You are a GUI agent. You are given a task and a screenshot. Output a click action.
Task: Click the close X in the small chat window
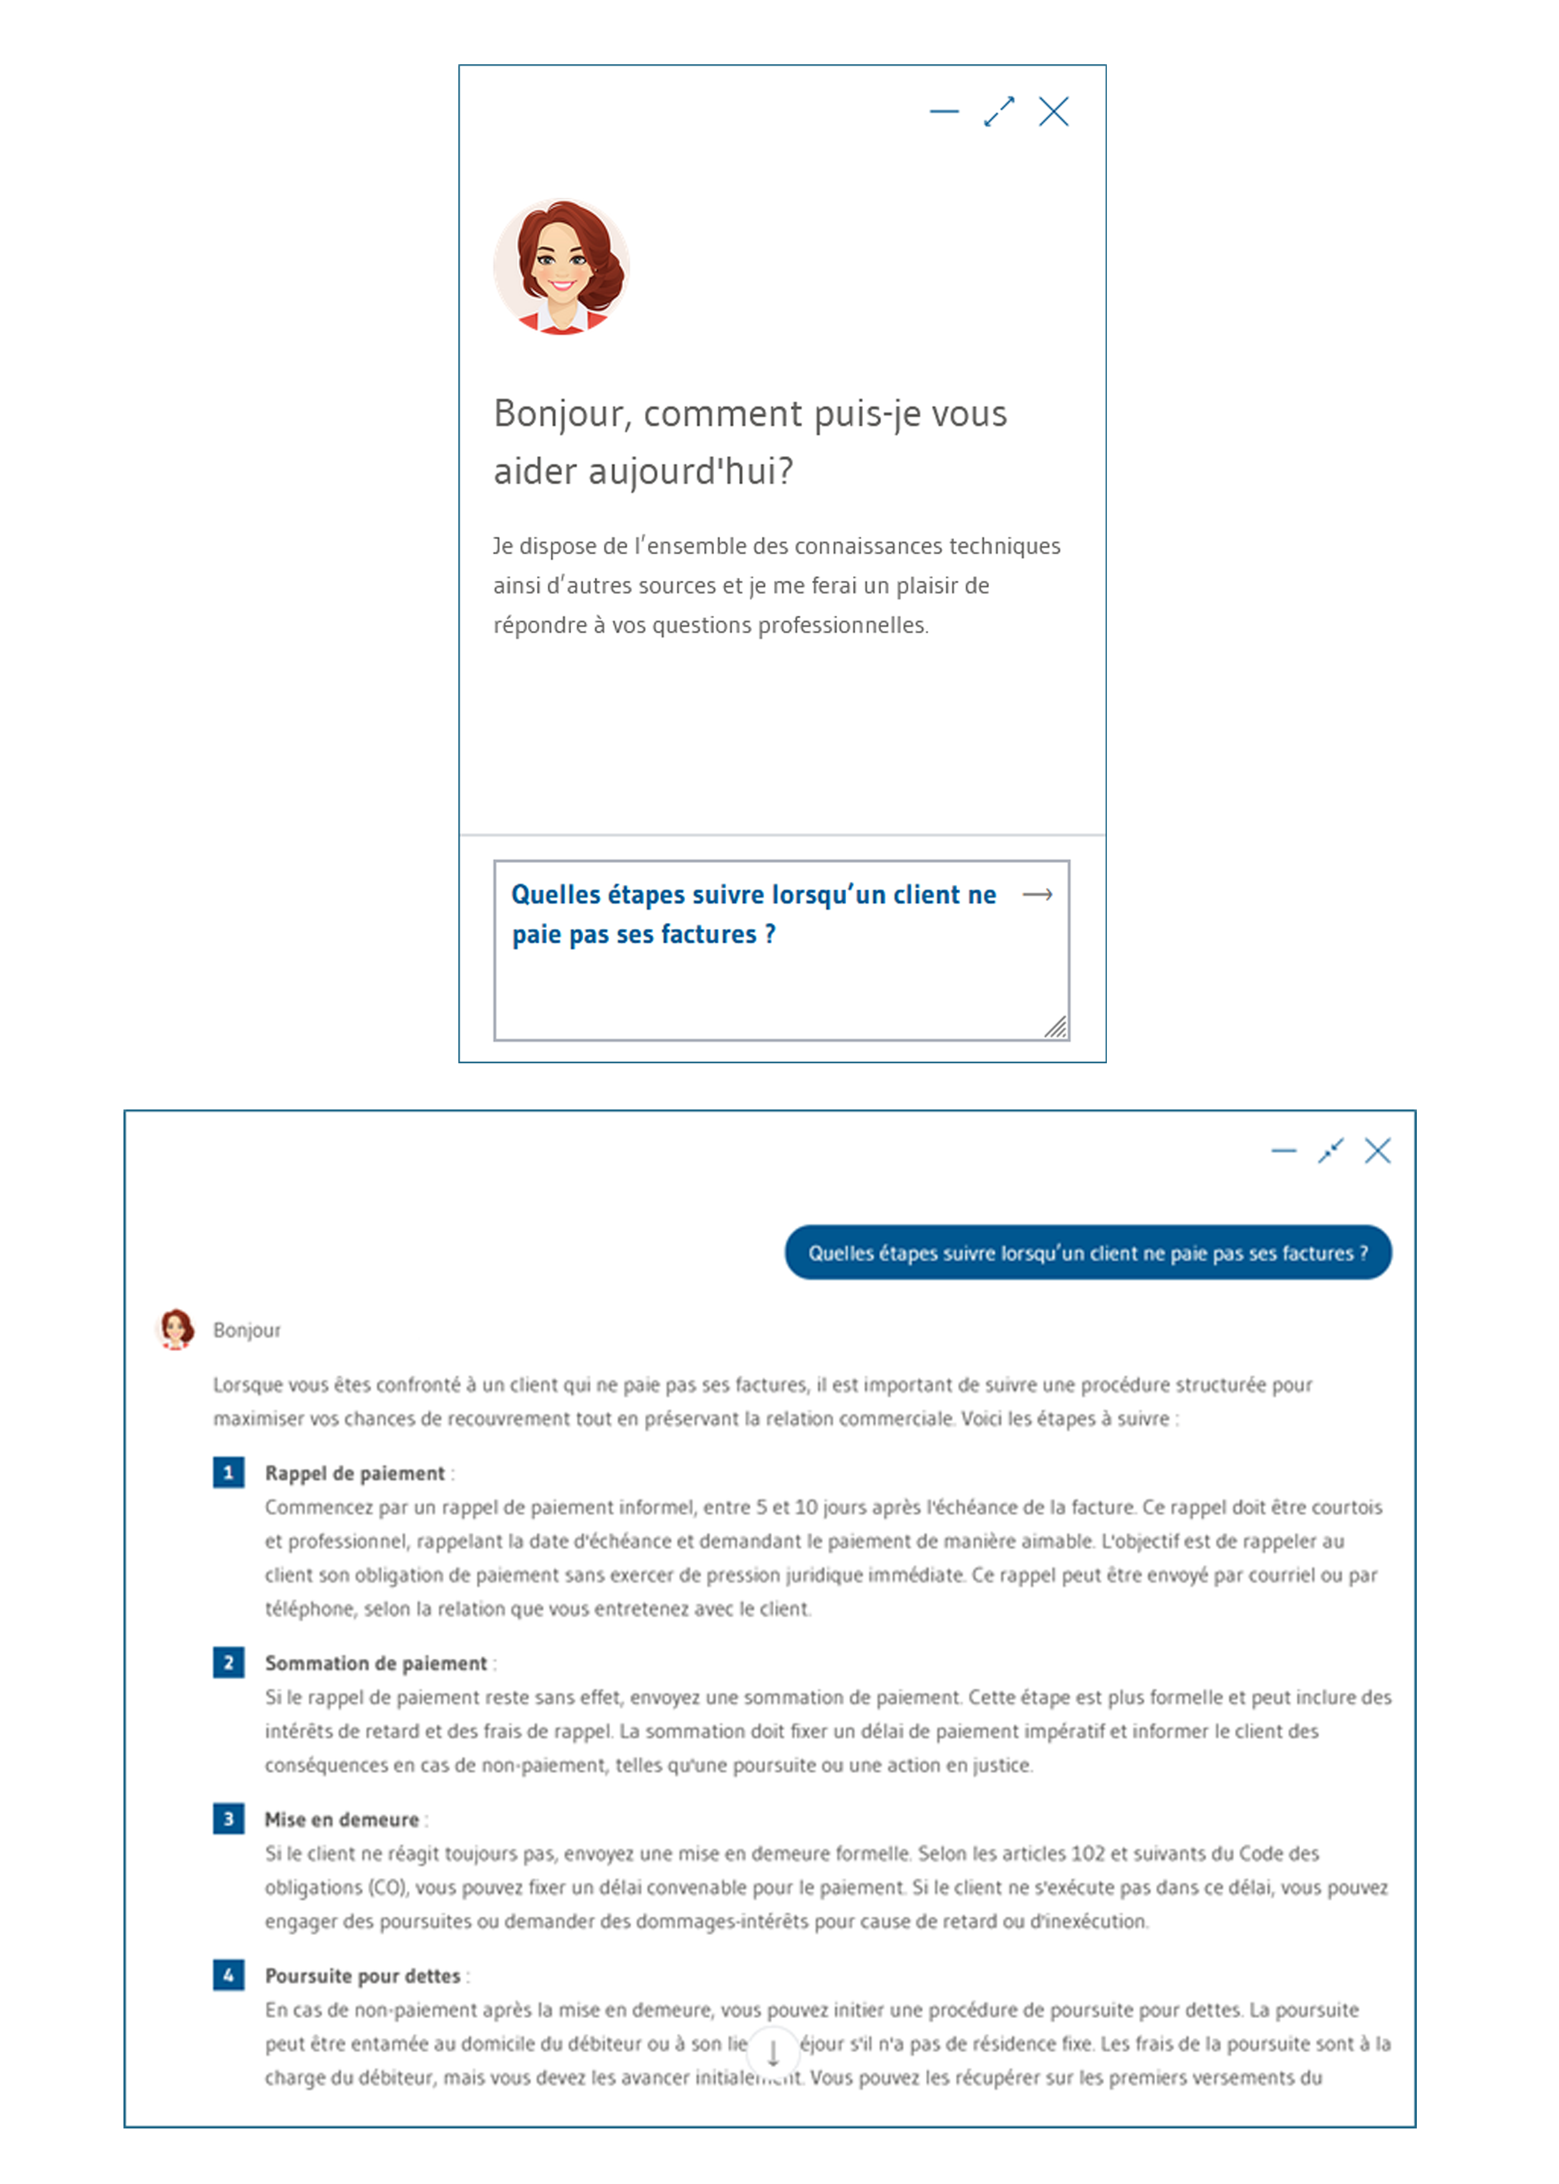[x=1053, y=112]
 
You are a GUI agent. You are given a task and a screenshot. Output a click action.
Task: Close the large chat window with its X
[x=1377, y=1151]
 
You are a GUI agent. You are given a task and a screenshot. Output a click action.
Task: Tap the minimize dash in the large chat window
[x=1283, y=1151]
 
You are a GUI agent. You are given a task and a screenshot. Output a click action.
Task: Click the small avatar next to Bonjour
[x=176, y=1329]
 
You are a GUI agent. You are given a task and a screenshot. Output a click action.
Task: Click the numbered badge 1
[x=228, y=1472]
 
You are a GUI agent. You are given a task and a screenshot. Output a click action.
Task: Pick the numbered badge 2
[x=228, y=1662]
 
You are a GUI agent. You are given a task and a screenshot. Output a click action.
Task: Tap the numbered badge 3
[x=228, y=1819]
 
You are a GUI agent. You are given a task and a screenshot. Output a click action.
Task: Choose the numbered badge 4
[x=228, y=1976]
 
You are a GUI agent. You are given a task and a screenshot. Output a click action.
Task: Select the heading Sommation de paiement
[x=375, y=1664]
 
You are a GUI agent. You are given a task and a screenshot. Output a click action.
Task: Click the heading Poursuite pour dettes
[x=363, y=1977]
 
